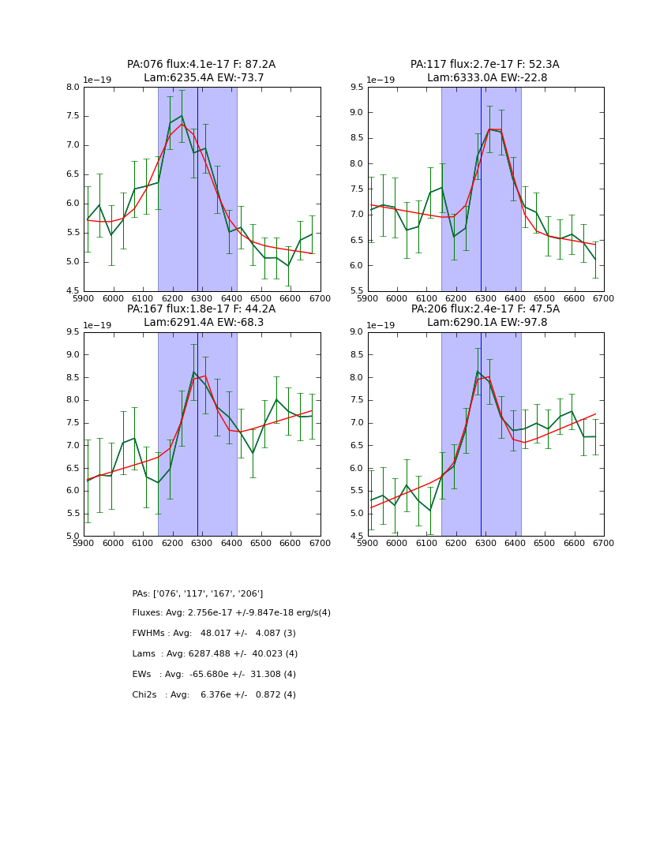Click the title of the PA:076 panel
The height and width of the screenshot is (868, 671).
click(201, 71)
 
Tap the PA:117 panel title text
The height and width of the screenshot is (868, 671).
click(485, 71)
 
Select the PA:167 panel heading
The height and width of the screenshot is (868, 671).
click(201, 316)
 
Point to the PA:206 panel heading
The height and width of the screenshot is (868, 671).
click(485, 316)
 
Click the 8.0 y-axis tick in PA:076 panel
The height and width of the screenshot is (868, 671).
click(73, 88)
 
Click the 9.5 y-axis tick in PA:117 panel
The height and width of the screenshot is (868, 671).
click(357, 88)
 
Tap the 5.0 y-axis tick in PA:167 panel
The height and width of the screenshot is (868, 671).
click(73, 536)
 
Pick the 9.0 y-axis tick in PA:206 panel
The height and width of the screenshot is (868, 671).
click(357, 332)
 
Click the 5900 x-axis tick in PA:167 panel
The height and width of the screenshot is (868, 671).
click(84, 544)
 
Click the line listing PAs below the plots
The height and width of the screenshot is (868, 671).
click(197, 593)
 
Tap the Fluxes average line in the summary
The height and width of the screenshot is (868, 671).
click(231, 613)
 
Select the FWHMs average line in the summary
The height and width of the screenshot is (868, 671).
click(214, 634)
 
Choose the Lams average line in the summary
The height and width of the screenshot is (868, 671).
click(215, 654)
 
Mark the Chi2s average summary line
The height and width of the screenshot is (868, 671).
click(214, 695)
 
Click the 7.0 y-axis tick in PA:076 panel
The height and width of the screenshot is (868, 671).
click(73, 145)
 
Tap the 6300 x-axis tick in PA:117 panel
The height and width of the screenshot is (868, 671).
click(485, 299)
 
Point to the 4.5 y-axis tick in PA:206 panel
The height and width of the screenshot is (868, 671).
click(357, 536)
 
